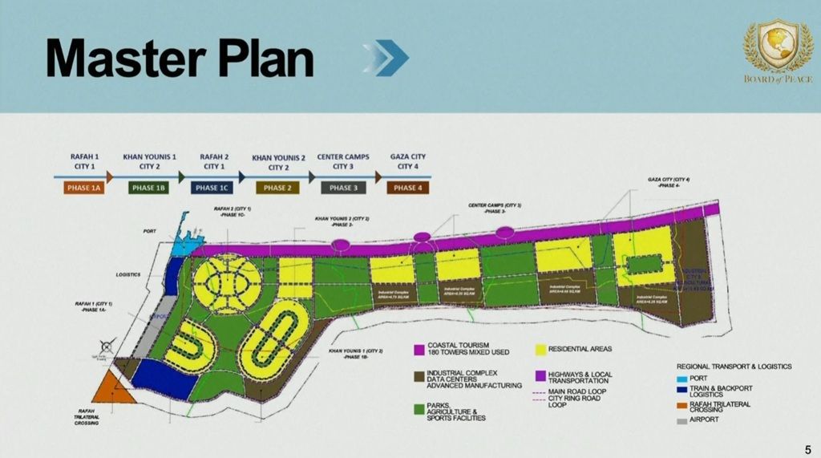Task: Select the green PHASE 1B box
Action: tap(149, 188)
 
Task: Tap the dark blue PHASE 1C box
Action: tap(214, 188)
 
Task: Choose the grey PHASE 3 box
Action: tap(342, 188)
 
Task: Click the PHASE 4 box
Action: tap(406, 188)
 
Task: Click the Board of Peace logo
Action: tap(778, 51)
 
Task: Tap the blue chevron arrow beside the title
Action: tap(386, 58)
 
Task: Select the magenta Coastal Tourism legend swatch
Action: tap(418, 350)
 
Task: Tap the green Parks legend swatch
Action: tap(418, 409)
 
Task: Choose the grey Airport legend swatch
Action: tap(682, 419)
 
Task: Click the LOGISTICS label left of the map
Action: tap(128, 275)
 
